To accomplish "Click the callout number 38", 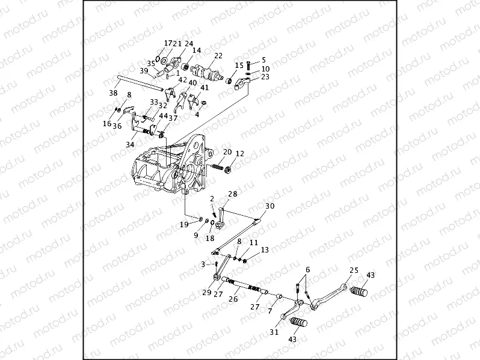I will pos(113,93).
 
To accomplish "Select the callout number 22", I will pos(218,55).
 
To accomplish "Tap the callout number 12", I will pos(239,153).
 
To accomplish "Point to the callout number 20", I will pos(227,152).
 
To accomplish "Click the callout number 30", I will pos(269,206).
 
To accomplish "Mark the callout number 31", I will pos(274,332).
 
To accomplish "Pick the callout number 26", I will pos(233,299).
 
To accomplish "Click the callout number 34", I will pos(131,145).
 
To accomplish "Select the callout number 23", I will pos(265,77).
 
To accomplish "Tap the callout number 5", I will pos(263,60).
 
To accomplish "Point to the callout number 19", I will pos(185,224).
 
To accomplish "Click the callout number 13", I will pos(265,249).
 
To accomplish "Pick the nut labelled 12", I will pos(229,169).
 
